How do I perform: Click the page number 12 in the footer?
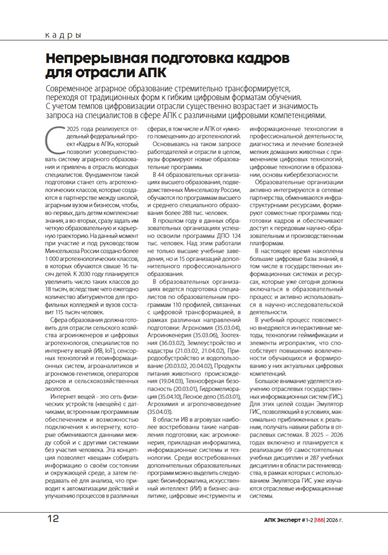click(x=53, y=519)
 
